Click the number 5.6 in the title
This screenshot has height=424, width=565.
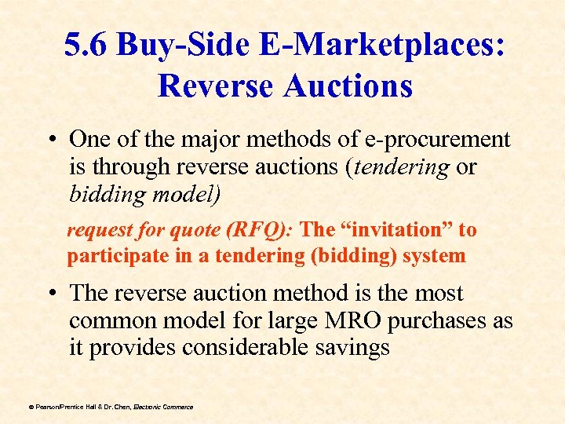[87, 46]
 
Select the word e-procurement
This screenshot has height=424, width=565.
[444, 139]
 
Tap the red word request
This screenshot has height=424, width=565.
[95, 231]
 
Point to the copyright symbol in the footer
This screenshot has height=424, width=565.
[31, 407]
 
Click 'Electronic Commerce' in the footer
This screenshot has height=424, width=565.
[162, 407]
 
